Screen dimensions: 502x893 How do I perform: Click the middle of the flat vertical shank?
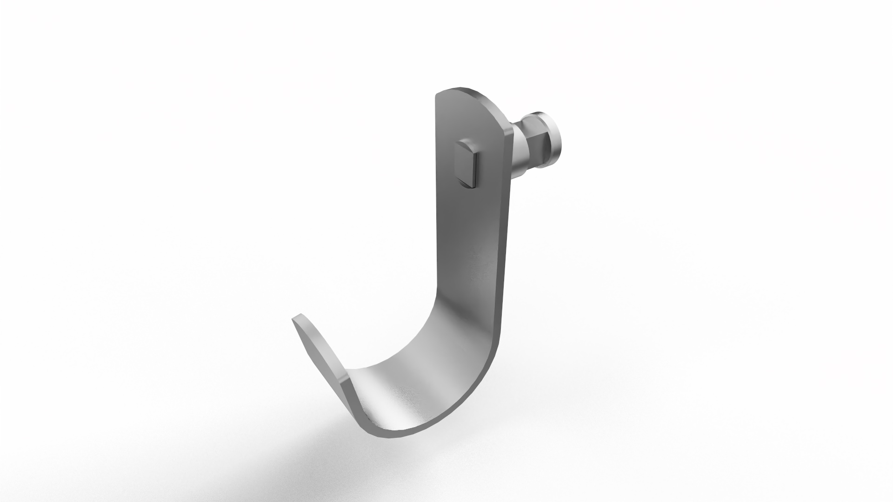click(470, 232)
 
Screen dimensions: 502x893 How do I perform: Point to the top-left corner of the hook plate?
click(438, 96)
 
